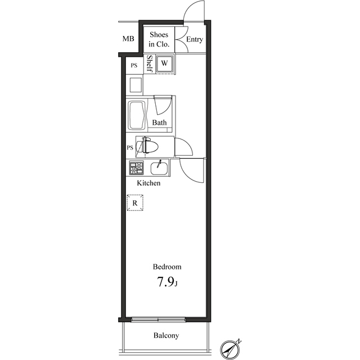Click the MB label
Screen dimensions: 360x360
point(129,39)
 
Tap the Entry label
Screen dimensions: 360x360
point(195,39)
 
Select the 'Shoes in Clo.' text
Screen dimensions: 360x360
point(159,39)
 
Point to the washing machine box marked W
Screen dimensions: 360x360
point(164,63)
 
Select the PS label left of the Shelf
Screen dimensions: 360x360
point(134,65)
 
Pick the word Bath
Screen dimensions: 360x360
point(159,122)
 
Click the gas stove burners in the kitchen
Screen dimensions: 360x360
point(137,168)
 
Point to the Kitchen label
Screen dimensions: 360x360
point(149,183)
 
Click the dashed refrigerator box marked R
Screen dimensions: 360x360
point(135,202)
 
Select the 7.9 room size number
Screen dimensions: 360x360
point(165,282)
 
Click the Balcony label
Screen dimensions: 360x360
point(166,336)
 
